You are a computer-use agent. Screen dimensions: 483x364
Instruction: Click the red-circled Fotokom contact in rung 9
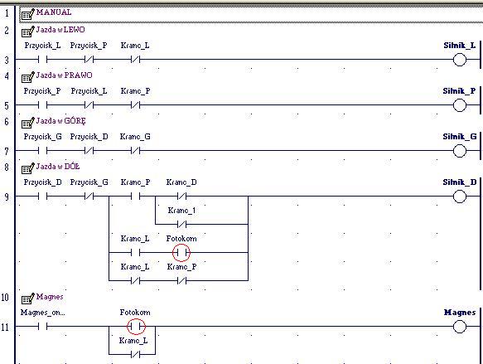[181, 253]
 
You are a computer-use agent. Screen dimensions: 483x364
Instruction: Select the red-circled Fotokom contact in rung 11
[136, 326]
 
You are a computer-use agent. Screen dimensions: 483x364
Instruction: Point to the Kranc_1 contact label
[181, 211]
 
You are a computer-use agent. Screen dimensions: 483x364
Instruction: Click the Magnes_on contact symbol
[42, 326]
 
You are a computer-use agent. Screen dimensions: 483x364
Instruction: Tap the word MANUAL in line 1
[54, 12]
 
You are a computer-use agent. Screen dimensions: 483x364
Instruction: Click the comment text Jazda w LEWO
[60, 30]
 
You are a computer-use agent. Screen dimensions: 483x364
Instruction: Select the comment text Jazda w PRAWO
[64, 75]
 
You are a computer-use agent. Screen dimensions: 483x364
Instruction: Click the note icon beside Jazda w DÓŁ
[27, 167]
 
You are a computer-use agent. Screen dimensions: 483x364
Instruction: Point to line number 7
[7, 152]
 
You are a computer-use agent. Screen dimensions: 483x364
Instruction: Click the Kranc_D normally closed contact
[181, 196]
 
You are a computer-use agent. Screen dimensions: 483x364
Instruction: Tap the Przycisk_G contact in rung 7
[42, 150]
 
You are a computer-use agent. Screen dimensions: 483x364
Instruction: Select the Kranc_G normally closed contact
[136, 150]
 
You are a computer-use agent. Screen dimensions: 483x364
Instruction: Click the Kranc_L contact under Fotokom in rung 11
[136, 354]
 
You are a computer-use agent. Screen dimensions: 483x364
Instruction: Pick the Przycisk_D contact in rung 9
[42, 196]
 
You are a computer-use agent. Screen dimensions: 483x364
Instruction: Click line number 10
[5, 298]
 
